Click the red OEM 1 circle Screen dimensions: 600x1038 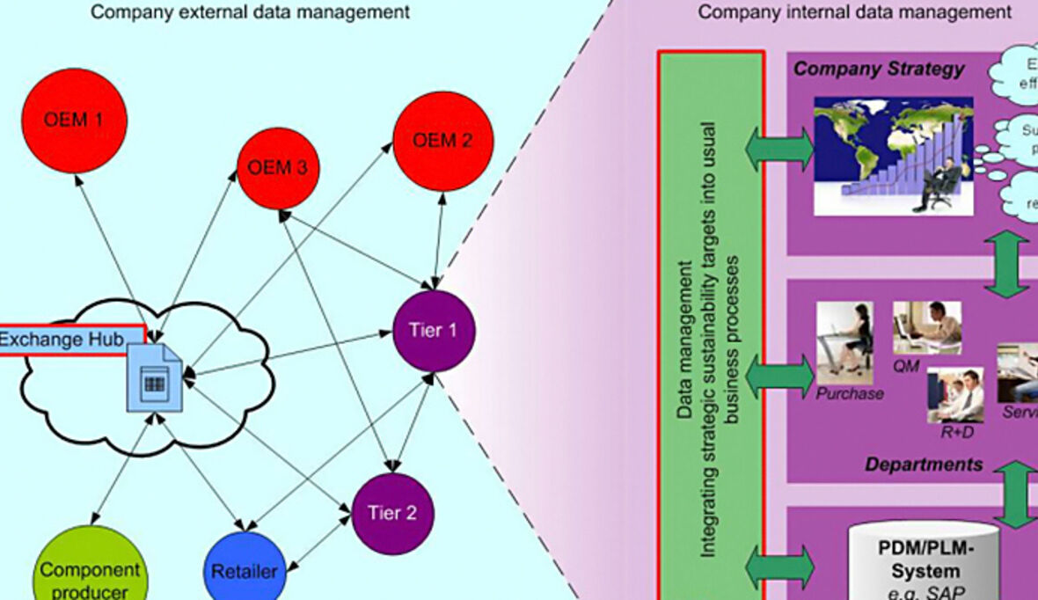coord(75,120)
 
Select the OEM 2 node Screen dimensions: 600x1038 coord(442,141)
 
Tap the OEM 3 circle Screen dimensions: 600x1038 coord(278,167)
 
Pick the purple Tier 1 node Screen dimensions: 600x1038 coord(433,331)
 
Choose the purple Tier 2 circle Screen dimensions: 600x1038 coord(391,513)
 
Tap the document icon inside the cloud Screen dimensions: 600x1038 coord(155,378)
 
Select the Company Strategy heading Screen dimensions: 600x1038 coord(879,70)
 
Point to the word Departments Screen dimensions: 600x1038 coord(924,464)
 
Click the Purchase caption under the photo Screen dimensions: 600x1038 coord(849,394)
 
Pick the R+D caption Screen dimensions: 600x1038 coord(953,433)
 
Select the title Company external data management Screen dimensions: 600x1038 coord(250,12)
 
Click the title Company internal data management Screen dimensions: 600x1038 coord(854,12)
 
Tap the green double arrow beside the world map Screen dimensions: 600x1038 coord(779,150)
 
